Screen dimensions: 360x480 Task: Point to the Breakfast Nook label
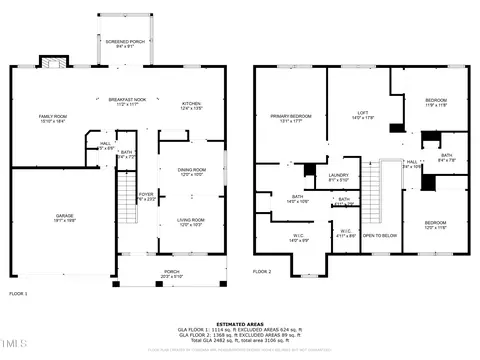(x=127, y=101)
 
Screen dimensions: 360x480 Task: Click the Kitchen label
(x=190, y=104)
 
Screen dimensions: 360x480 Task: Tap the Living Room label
(x=190, y=221)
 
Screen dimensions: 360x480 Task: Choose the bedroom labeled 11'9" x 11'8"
(x=436, y=102)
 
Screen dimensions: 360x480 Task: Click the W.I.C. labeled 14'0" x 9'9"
(x=296, y=238)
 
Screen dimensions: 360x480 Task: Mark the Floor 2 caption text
(x=262, y=271)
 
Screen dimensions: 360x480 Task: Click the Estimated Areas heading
(x=240, y=322)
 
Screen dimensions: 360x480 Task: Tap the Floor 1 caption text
(x=18, y=293)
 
